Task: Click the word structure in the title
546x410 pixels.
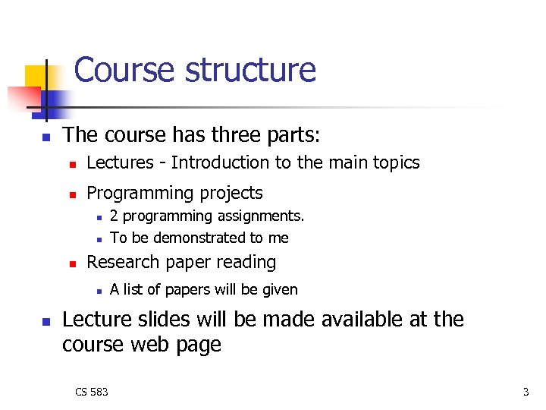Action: click(x=250, y=71)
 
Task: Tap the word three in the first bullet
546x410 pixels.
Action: click(x=231, y=135)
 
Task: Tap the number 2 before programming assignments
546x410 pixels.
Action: click(x=114, y=216)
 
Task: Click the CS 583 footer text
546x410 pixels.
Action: click(x=92, y=392)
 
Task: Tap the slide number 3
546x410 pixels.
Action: click(x=526, y=392)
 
